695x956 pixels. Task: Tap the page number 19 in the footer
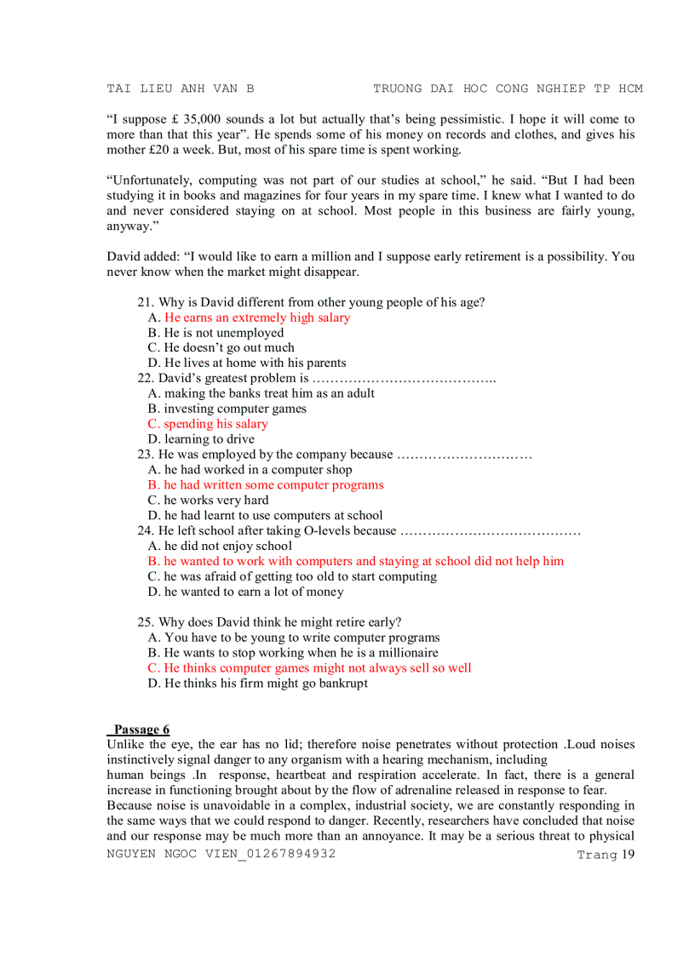coord(628,855)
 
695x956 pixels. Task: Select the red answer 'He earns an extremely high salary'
coord(256,318)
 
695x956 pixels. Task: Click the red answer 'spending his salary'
coord(215,424)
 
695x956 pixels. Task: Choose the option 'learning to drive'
coord(209,439)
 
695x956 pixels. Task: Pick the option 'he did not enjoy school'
coord(227,546)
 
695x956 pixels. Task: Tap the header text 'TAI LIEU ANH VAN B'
coord(181,89)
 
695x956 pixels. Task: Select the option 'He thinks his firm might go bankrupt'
coord(266,684)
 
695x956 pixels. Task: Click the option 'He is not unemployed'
coord(223,333)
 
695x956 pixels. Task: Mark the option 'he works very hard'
coord(215,501)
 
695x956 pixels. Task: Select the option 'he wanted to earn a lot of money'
coord(254,592)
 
